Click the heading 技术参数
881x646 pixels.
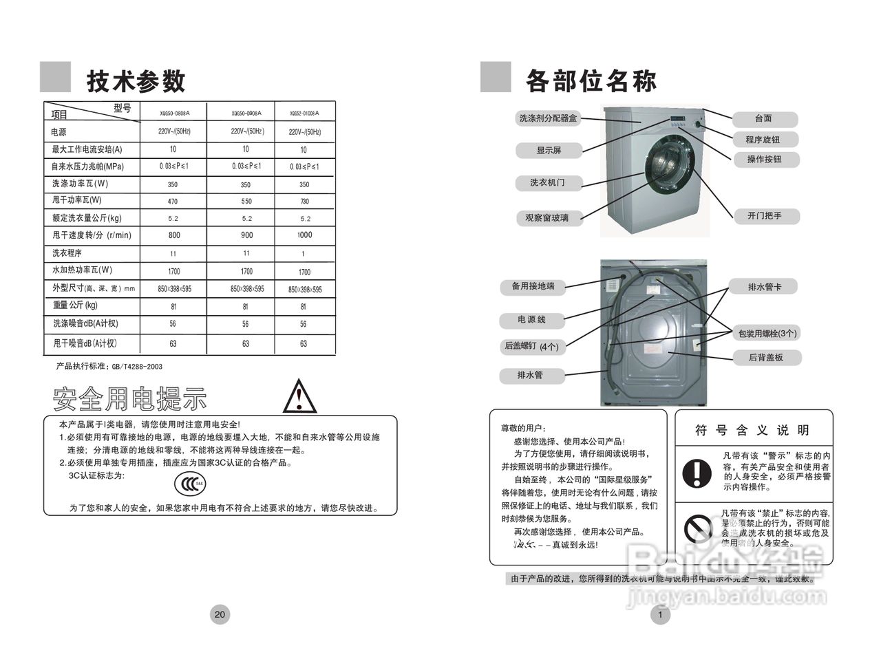point(136,81)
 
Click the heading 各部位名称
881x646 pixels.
point(591,81)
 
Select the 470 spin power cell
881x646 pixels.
point(172,202)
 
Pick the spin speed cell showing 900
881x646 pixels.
point(246,235)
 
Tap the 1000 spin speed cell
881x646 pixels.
point(304,235)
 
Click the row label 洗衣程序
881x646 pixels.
point(67,253)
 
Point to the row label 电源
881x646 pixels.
point(59,131)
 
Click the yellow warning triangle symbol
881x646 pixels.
point(299,396)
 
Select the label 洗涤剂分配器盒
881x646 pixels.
point(549,118)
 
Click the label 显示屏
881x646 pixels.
point(549,150)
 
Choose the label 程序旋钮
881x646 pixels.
point(763,140)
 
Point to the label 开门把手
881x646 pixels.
point(764,216)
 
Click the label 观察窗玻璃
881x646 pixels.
point(549,218)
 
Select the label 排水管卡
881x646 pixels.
point(763,286)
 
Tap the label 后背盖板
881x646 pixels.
point(765,358)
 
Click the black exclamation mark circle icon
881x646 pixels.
point(697,473)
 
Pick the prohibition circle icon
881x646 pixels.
point(697,528)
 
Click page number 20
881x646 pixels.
point(220,614)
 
